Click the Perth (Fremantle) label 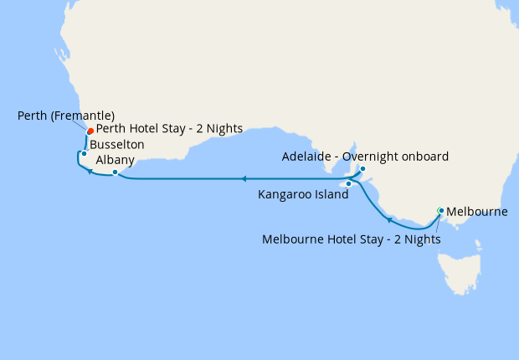(x=66, y=115)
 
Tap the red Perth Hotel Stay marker (x=90, y=130)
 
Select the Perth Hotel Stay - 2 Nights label (x=169, y=129)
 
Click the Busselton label (x=117, y=145)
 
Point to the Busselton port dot (x=84, y=153)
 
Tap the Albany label (x=114, y=159)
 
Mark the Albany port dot (x=116, y=172)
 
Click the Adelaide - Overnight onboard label (x=366, y=157)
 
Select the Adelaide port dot (x=362, y=168)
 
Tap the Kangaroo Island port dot (x=348, y=183)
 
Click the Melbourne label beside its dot (x=477, y=212)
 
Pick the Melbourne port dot (x=441, y=210)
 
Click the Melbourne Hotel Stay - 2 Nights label (x=352, y=239)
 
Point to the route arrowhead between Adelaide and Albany (x=243, y=178)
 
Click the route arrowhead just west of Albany (x=89, y=170)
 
